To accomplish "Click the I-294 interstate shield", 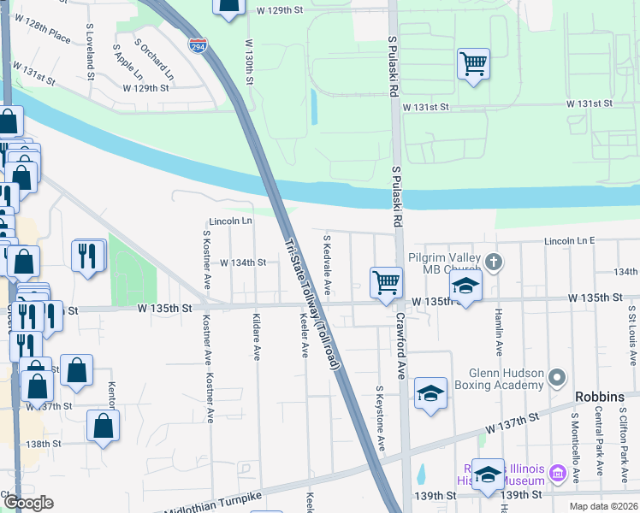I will tap(197, 45).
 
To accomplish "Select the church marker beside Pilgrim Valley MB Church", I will tap(493, 261).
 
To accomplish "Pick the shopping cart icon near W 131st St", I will tap(473, 63).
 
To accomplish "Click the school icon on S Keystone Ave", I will tap(430, 392).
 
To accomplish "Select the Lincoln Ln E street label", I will tap(568, 242).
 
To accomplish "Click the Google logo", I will tap(28, 503).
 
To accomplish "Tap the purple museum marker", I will tap(558, 472).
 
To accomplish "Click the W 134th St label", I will tap(244, 262).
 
